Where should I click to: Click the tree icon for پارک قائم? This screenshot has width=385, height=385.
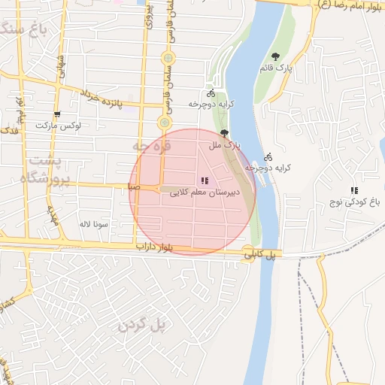(276, 56)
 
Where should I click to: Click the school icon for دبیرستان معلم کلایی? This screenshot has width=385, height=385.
(205, 180)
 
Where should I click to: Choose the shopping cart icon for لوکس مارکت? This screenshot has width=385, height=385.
(56, 115)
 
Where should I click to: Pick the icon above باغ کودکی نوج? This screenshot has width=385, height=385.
(353, 190)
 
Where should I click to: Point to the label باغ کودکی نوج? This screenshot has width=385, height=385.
(350, 202)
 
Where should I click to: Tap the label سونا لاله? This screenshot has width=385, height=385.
(95, 224)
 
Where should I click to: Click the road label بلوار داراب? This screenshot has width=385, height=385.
(162, 247)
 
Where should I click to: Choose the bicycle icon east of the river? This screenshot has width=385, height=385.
(268, 158)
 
